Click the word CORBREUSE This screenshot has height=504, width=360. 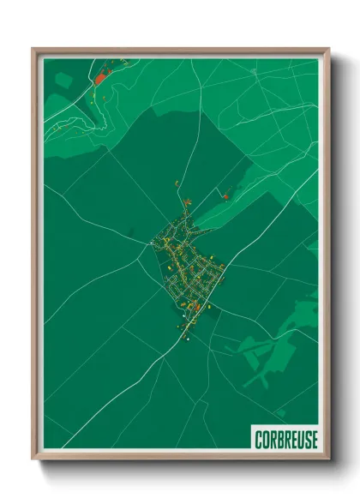click(285, 439)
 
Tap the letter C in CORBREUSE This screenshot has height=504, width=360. click(258, 439)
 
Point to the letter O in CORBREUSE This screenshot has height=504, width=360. click(266, 439)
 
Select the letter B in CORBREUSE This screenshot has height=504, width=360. click(280, 439)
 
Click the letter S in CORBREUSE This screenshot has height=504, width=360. click(309, 439)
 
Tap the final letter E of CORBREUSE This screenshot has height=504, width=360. click(315, 439)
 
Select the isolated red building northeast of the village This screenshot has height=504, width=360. click(225, 197)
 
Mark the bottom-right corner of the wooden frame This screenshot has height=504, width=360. click(328, 459)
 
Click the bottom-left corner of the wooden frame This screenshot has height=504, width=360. click(33, 459)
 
